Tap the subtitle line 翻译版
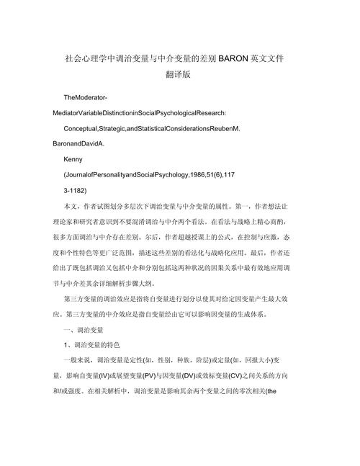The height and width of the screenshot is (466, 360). pos(179,74)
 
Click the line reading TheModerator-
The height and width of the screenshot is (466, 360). pos(88,97)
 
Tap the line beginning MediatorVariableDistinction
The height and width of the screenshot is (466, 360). pos(135,112)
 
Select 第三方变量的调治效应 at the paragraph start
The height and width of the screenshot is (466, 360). pos(98,298)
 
